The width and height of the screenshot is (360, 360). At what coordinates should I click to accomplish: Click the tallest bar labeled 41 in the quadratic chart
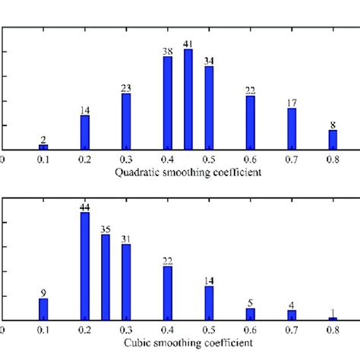(x=188, y=99)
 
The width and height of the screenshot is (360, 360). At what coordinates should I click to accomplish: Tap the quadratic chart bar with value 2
(x=44, y=146)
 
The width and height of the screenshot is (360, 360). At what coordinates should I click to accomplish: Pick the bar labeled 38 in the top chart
(x=168, y=103)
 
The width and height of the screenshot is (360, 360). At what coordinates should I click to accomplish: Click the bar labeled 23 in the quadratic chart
(x=126, y=122)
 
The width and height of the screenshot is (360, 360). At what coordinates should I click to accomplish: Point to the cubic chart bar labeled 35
(x=106, y=276)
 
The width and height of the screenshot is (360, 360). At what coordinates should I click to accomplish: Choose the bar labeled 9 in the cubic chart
(x=44, y=308)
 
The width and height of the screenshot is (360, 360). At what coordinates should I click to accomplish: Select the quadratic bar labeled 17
(x=292, y=128)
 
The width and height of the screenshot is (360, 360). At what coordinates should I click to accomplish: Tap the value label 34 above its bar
(x=209, y=61)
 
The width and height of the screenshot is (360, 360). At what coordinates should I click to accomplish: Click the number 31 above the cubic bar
(x=126, y=239)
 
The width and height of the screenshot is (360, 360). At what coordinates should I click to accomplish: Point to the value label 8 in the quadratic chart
(x=333, y=125)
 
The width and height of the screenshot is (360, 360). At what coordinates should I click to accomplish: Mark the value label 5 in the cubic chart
(x=251, y=302)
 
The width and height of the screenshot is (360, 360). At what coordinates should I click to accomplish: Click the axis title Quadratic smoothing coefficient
(x=188, y=172)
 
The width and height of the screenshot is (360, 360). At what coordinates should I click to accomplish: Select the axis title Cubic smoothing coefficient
(x=188, y=343)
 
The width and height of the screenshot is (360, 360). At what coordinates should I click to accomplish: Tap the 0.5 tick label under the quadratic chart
(x=209, y=159)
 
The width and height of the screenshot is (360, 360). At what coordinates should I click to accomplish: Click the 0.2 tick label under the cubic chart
(x=85, y=330)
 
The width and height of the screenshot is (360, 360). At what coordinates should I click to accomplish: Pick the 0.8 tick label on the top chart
(x=333, y=159)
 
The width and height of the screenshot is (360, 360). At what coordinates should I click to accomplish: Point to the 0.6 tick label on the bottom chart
(x=251, y=330)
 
